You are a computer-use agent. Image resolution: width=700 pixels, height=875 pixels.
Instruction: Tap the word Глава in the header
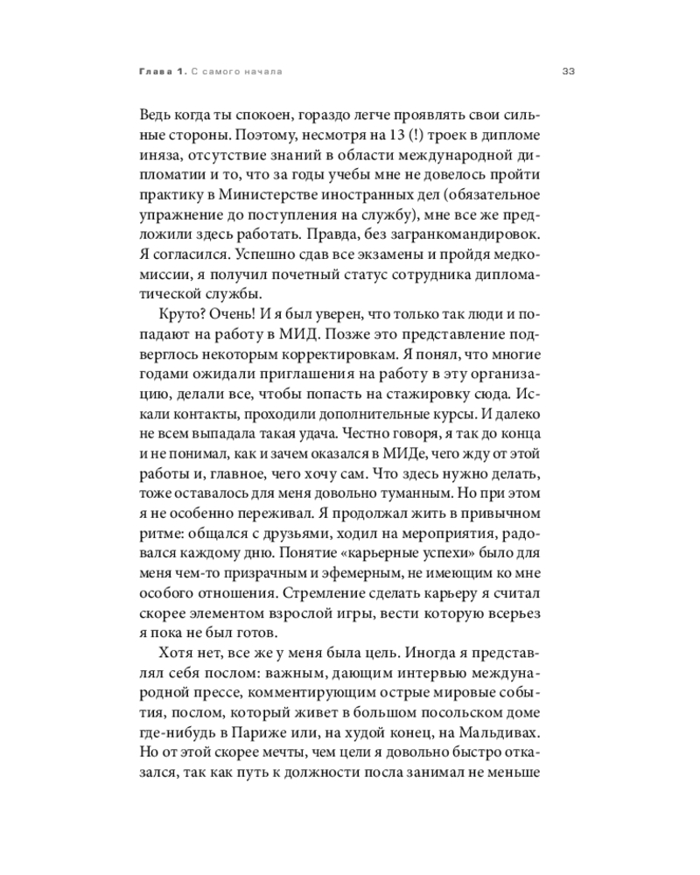point(155,71)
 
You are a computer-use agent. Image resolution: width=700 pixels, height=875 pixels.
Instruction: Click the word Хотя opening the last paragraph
point(178,654)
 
